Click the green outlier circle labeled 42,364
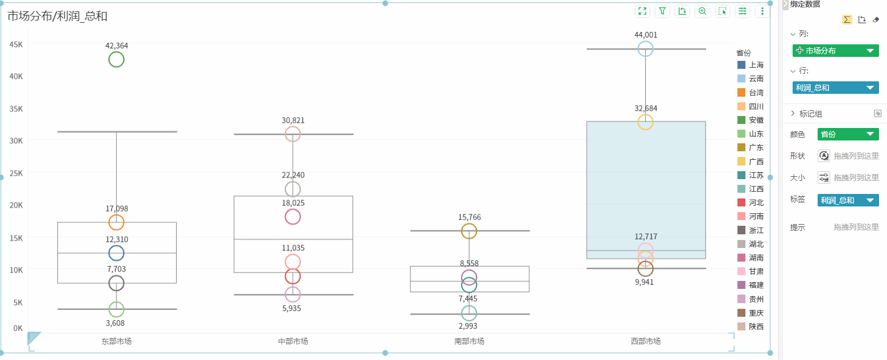[x=116, y=59]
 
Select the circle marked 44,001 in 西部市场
[x=645, y=48]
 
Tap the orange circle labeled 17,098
[x=116, y=222]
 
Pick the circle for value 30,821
[x=293, y=134]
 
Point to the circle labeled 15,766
[x=469, y=231]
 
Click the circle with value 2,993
[x=469, y=313]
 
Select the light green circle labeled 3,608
[x=116, y=309]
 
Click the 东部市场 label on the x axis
[x=116, y=341]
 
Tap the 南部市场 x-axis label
[x=469, y=341]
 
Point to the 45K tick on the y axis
[x=15, y=44]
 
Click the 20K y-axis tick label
[x=15, y=205]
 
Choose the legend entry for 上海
[x=751, y=65]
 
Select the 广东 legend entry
[x=751, y=147]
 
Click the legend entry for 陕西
[x=751, y=326]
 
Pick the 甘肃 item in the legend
[x=751, y=271]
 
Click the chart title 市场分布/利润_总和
[x=57, y=16]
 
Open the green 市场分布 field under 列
[x=835, y=51]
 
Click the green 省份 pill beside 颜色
[x=848, y=134]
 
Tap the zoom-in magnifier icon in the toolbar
[x=702, y=11]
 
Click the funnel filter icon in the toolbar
[x=662, y=11]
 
